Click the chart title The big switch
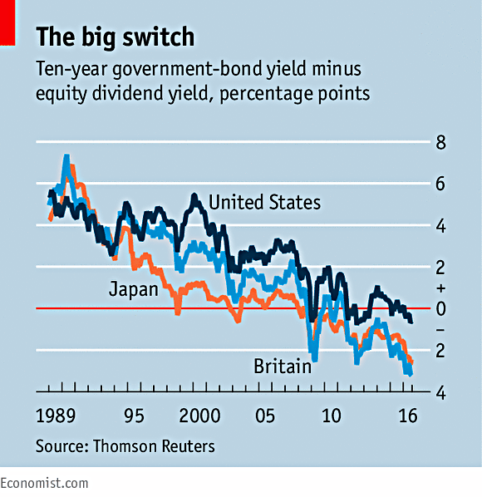[x=115, y=37]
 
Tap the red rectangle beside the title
[x=7, y=22]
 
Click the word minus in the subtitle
[x=337, y=69]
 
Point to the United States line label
[x=264, y=202]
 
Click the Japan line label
[x=134, y=290]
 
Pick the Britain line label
[x=283, y=367]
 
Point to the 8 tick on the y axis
[x=440, y=142]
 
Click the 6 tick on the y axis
[x=440, y=184]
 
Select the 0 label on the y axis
[x=440, y=308]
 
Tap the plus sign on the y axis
[x=440, y=288]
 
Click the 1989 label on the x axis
[x=56, y=416]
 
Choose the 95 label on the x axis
[x=134, y=416]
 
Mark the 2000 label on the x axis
[x=199, y=416]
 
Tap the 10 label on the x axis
[x=332, y=416]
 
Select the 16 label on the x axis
[x=408, y=416]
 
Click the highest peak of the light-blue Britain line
[x=66, y=156]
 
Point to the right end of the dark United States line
[x=411, y=322]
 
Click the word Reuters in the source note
[x=189, y=446]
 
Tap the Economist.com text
[x=44, y=484]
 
